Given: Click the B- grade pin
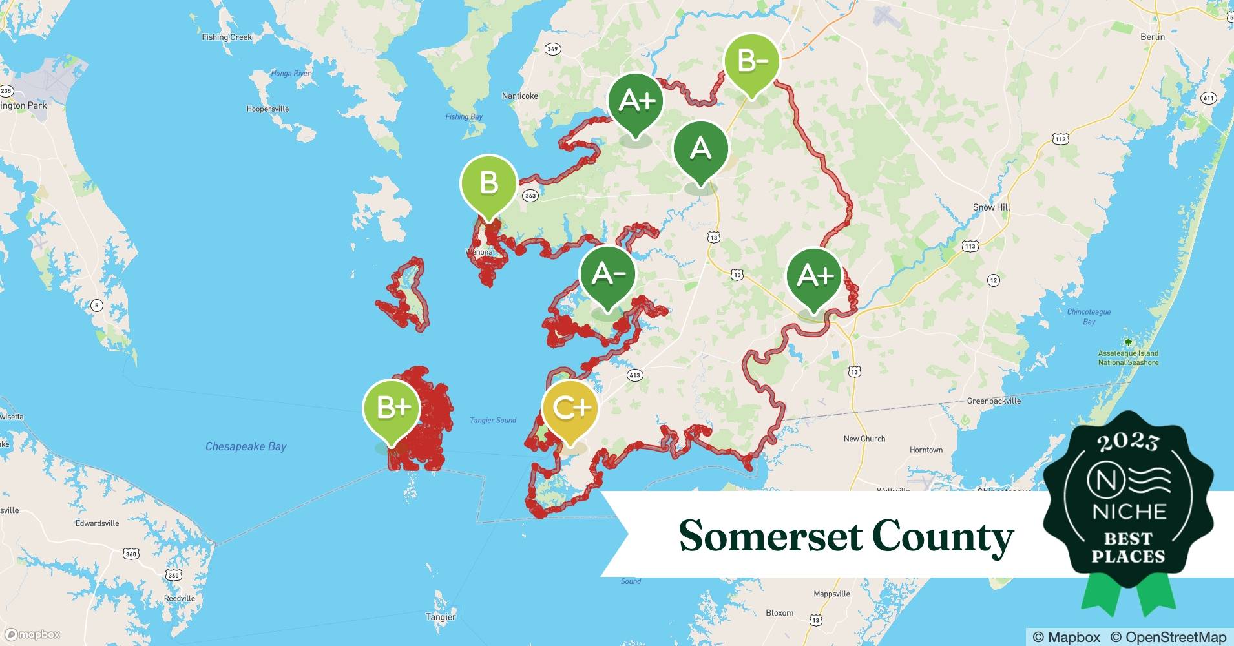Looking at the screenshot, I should pos(751,62).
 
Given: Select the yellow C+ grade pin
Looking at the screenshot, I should pos(570,408).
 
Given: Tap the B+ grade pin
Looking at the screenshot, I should pos(392,408).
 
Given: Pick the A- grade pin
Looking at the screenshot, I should pos(607,275).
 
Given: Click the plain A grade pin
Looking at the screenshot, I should pos(700,149).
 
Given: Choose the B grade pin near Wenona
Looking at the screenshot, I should pos(488,183).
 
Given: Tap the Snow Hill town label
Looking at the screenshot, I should pos(991,207).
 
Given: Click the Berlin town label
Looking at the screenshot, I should pos(1152,37).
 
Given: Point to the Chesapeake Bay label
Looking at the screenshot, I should pos(246,446).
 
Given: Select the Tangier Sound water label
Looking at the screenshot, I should pos(492,421).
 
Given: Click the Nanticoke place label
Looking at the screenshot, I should pos(519,96).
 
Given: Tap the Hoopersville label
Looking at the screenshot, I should pos(267,109).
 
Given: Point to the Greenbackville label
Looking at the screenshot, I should pos(994,401).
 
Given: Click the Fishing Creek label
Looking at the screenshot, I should pos(227,37).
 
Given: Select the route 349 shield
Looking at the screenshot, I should pos(552,49).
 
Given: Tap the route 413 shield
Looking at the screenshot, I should pos(634,375).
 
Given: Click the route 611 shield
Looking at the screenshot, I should pos(1208,98).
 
